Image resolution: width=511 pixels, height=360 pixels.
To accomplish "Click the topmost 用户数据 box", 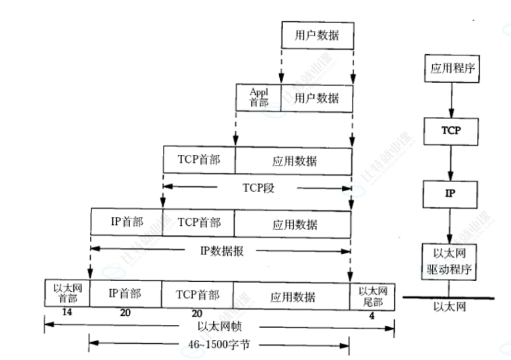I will (x=317, y=35).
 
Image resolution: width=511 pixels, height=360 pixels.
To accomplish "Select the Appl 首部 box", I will (x=258, y=97).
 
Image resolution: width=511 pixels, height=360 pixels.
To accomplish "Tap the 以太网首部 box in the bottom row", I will (x=67, y=293).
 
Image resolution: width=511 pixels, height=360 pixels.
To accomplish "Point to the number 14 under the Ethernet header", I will (x=66, y=312).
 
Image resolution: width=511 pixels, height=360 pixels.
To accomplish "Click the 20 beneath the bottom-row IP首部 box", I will (x=125, y=313).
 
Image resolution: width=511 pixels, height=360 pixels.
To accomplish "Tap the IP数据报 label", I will (x=222, y=250).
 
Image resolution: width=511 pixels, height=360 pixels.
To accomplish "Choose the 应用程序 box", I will (x=452, y=69).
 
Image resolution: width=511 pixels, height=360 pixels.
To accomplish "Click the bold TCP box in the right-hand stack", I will (x=451, y=130).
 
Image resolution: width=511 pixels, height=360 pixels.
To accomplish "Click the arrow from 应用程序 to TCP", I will (x=451, y=100).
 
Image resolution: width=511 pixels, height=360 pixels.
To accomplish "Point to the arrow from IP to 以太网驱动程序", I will (x=451, y=225).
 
